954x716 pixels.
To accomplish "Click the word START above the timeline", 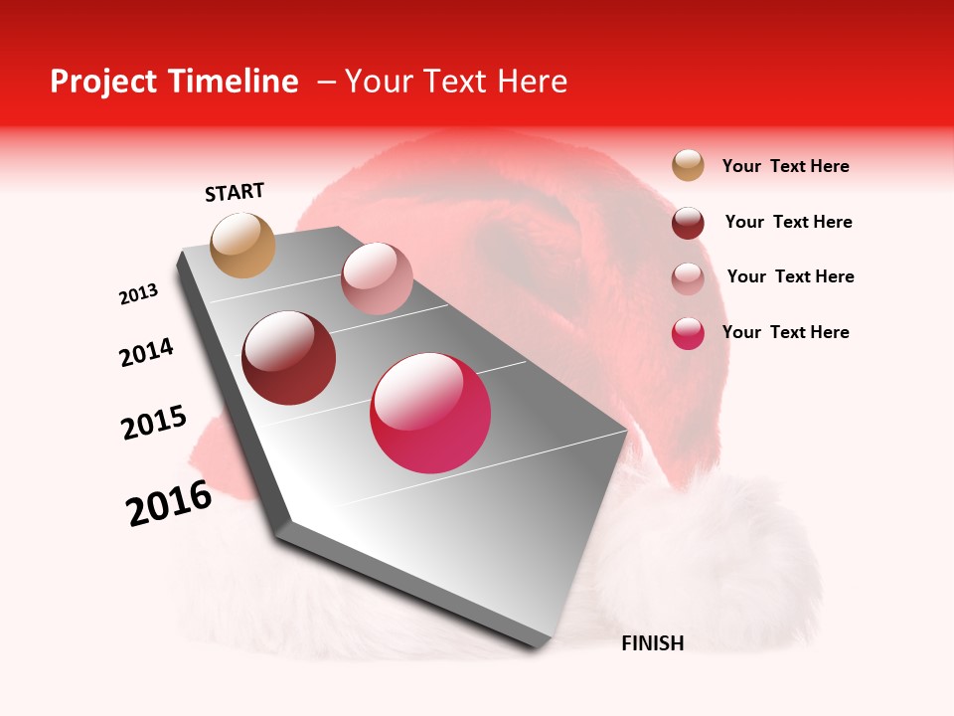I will pos(235,192).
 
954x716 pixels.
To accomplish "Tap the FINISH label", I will pos(652,643).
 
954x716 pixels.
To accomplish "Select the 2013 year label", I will pos(138,294).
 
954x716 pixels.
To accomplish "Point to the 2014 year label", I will pos(146,352).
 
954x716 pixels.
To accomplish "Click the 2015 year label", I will pos(154,423).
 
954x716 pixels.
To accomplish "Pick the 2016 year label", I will pos(169,503).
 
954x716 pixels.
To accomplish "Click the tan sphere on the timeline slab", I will pos(242,245).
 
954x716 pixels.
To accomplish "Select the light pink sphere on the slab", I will pos(377,278).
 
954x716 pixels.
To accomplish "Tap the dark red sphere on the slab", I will pos(289,358).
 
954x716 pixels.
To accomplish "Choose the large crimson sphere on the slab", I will pos(430,413).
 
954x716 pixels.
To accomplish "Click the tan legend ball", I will pos(688,165).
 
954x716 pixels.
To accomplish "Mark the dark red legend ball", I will pos(688,223).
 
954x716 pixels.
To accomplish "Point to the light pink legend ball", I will pos(688,278).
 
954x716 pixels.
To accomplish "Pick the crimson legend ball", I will pos(688,333).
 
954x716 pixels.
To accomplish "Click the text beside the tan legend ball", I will pos(785,166).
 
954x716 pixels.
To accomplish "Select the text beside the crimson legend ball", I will pos(785,332).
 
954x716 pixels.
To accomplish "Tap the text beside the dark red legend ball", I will pos(788,222).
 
